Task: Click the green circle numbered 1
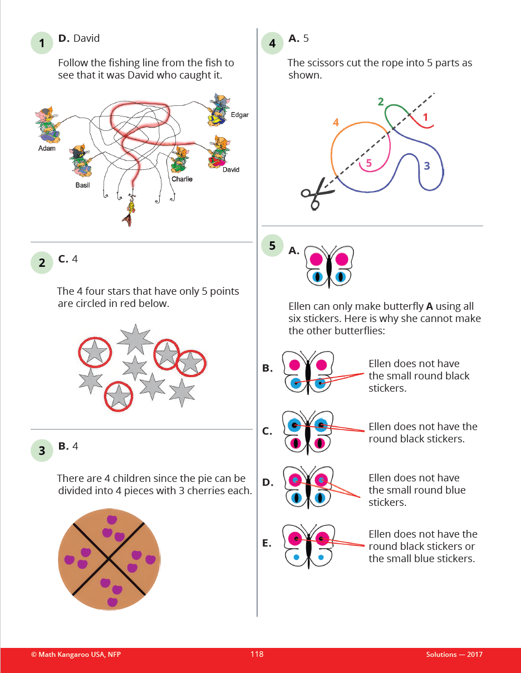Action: (42, 43)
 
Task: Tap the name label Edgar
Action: (239, 115)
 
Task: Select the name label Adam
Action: (47, 148)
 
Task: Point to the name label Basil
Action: (82, 184)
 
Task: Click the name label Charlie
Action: (181, 179)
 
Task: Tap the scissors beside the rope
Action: (317, 193)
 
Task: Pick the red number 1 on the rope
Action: (425, 118)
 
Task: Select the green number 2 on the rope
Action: (381, 101)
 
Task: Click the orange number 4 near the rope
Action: (336, 122)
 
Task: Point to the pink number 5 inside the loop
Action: (368, 164)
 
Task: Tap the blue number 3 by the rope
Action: (426, 165)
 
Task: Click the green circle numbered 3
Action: (42, 450)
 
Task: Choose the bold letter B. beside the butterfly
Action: (267, 368)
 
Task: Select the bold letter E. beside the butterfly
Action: (267, 542)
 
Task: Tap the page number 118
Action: (257, 654)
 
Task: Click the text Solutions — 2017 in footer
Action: (454, 655)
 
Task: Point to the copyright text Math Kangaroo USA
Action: (76, 655)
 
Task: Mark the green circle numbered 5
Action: (272, 246)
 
